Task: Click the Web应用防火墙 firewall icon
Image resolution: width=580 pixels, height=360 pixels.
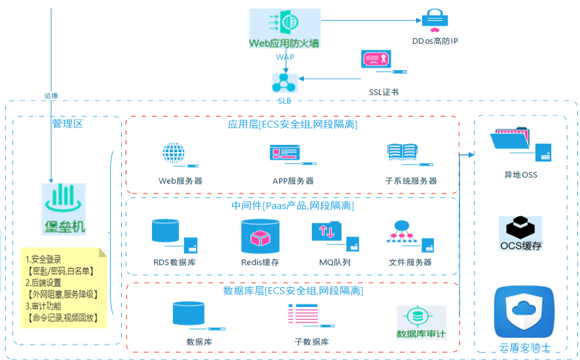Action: click(284, 28)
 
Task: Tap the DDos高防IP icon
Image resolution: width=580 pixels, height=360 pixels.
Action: click(435, 20)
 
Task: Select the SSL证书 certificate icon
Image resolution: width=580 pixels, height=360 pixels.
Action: click(383, 62)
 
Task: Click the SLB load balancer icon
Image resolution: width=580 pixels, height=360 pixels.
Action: click(284, 83)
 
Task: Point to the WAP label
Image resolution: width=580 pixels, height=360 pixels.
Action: click(285, 57)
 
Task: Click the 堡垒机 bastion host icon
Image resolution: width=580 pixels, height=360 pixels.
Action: click(64, 209)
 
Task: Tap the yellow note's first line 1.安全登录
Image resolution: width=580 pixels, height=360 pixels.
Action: click(43, 260)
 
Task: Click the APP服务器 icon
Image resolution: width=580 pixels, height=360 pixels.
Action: click(292, 155)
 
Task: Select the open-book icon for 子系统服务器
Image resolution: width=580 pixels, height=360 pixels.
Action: click(410, 155)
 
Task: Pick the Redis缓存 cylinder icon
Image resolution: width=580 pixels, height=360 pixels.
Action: click(260, 236)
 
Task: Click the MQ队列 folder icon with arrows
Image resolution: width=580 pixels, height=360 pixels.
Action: click(335, 235)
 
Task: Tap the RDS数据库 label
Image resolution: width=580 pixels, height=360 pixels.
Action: click(174, 262)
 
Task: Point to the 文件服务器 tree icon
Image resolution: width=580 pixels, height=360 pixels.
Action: click(410, 236)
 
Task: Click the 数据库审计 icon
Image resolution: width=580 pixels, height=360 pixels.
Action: click(421, 322)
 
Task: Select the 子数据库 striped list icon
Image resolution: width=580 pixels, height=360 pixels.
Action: click(311, 315)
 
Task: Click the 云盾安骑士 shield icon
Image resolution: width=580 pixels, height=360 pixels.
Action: click(524, 312)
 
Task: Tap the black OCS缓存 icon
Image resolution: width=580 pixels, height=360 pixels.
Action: click(520, 233)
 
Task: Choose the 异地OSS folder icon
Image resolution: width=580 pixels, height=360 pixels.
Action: click(520, 144)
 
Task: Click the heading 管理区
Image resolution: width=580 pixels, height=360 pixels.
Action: click(68, 123)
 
